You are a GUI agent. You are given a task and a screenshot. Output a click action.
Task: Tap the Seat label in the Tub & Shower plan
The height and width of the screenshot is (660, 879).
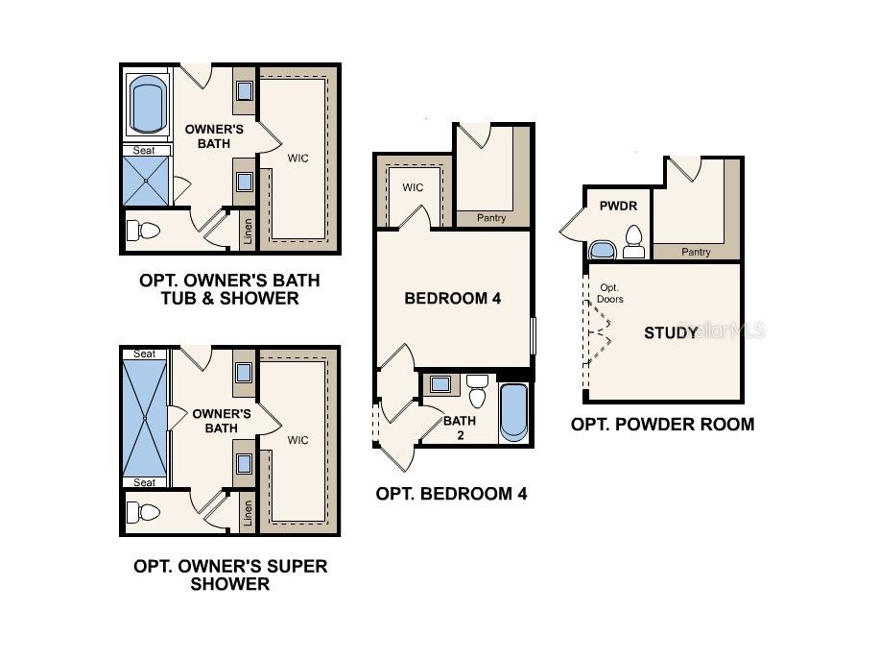145,150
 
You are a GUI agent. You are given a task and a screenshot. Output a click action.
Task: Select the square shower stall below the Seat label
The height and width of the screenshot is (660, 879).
146,181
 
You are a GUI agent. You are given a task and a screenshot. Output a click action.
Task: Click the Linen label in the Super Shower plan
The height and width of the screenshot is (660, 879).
249,512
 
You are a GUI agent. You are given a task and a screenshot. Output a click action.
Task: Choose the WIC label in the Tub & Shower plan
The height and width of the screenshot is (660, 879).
297,156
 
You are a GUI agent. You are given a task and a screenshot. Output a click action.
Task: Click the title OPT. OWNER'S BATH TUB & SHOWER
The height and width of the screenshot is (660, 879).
229,289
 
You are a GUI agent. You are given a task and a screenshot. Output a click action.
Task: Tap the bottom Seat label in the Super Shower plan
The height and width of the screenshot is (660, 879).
144,482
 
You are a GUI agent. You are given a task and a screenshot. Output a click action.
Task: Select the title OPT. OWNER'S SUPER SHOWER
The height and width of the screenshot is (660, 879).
229,574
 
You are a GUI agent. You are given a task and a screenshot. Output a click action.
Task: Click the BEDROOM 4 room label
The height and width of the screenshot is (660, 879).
452,299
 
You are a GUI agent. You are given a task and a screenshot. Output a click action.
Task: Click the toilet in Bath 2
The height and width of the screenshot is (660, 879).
478,392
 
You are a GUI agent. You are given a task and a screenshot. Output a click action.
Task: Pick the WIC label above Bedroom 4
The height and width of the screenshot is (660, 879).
413,187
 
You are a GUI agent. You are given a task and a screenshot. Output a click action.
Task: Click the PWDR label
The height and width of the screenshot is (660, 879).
618,206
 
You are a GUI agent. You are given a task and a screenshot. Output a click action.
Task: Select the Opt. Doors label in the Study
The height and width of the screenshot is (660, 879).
611,293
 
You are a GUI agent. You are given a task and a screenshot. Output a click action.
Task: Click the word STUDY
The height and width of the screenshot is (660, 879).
671,333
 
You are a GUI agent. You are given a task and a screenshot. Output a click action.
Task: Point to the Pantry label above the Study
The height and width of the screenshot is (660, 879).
696,252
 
